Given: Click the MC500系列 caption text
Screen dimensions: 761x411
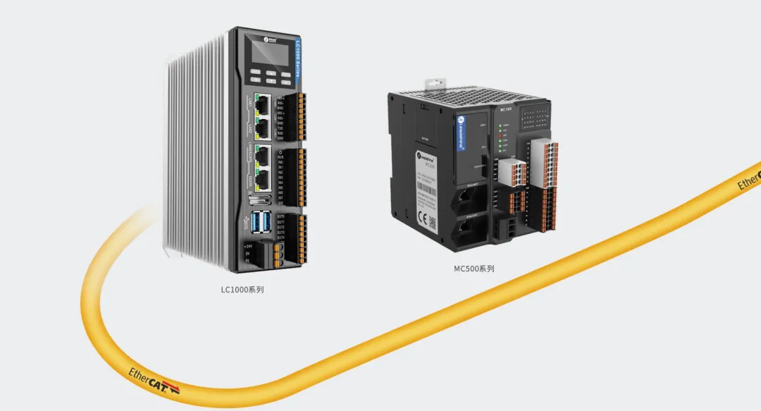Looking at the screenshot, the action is tap(474, 269).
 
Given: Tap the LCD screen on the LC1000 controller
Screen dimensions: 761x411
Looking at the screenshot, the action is tap(271, 51).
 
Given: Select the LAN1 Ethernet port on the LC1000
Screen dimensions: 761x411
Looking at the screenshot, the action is tap(261, 106).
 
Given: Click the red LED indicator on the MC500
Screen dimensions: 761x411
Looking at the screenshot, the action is tap(500, 133).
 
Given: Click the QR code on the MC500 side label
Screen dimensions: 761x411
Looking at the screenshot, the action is tap(435, 227).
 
